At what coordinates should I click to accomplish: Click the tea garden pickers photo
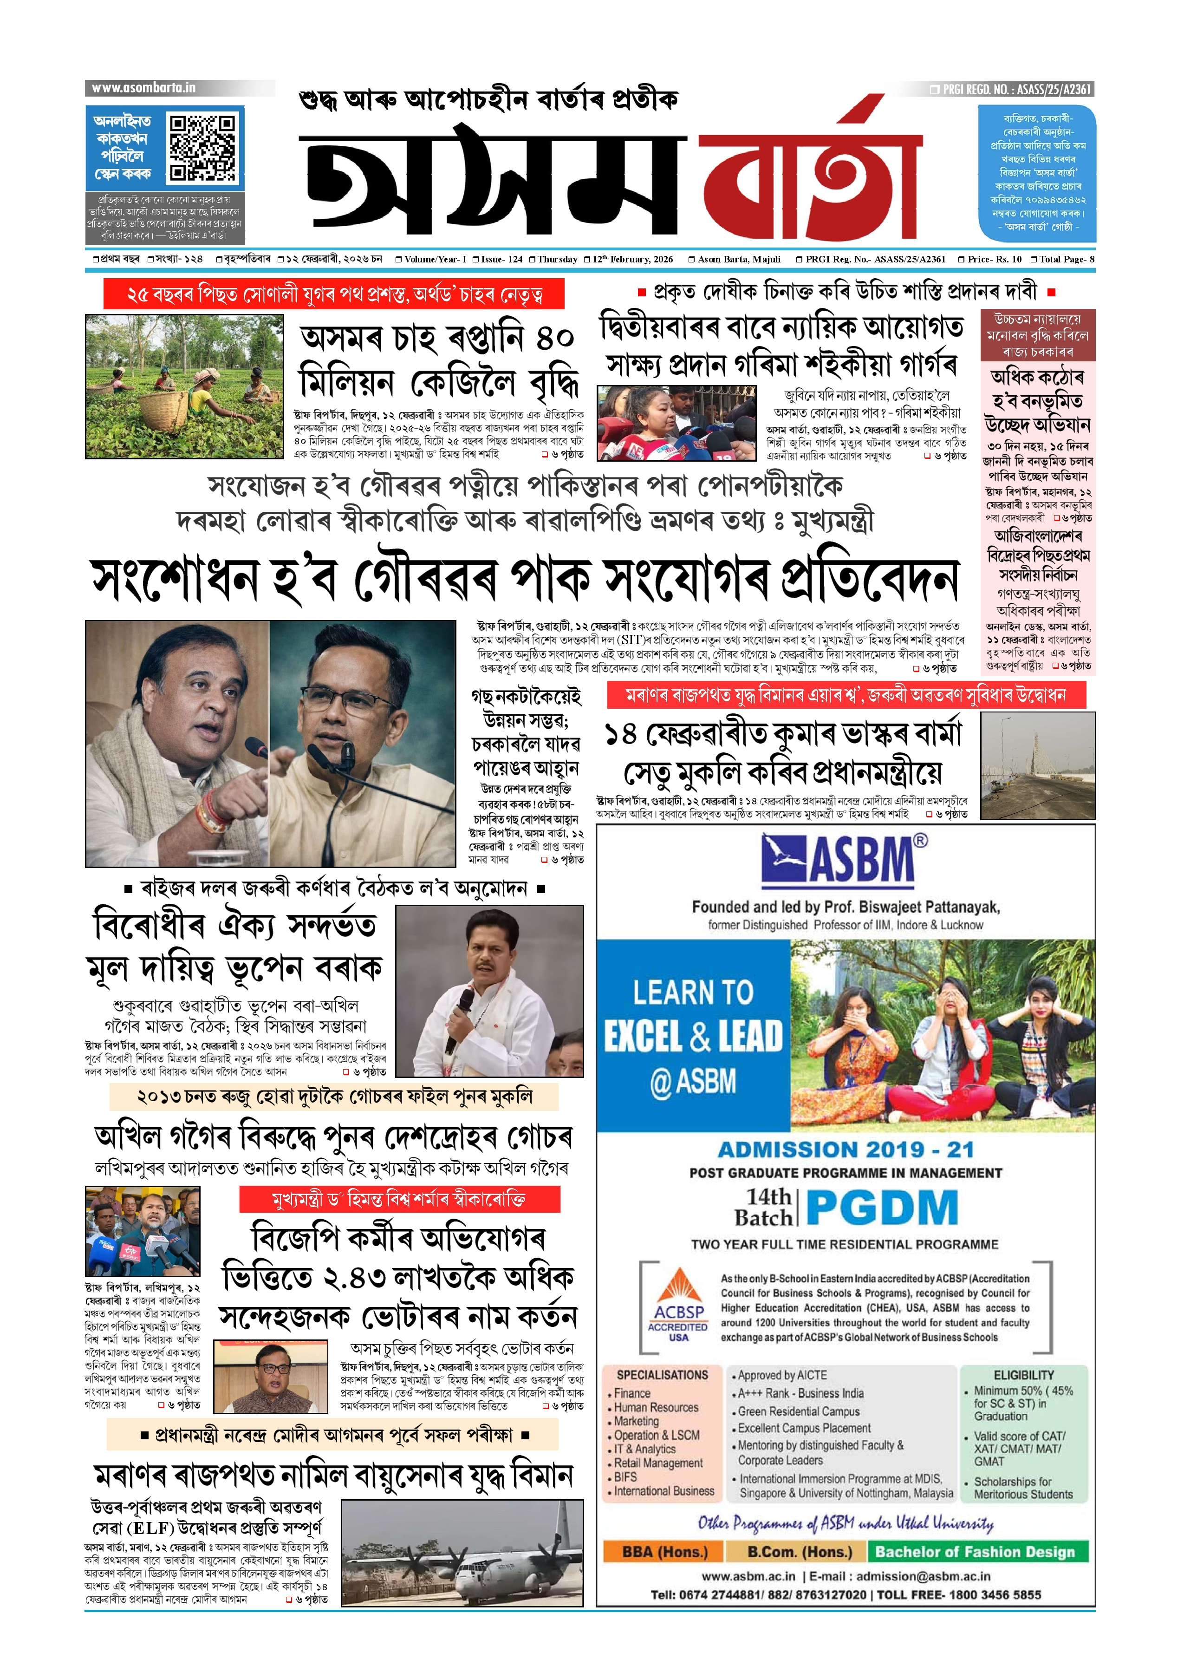coord(184,386)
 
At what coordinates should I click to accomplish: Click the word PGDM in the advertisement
coord(882,1208)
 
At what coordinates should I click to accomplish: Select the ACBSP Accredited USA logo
coord(678,1306)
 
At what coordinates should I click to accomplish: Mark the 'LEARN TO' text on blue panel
coord(693,993)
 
